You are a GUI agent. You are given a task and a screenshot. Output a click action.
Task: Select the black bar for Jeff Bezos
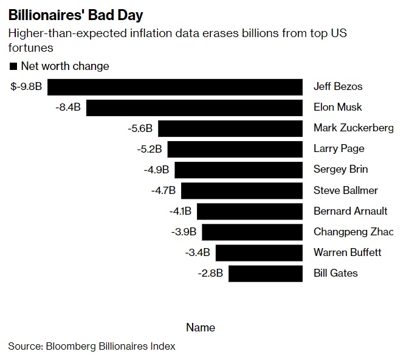click(175, 86)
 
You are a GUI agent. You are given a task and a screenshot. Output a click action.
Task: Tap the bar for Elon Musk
click(194, 108)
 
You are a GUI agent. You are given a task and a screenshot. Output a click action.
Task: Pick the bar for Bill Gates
click(266, 273)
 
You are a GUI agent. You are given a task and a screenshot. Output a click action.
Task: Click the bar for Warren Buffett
click(259, 252)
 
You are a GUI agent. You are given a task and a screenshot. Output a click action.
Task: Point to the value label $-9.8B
click(26, 86)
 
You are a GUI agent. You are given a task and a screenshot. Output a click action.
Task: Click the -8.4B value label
click(67, 108)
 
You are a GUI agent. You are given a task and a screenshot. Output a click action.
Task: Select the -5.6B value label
click(140, 128)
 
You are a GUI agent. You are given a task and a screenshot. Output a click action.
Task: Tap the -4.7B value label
click(163, 190)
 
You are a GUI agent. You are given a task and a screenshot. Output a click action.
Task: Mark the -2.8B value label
click(210, 273)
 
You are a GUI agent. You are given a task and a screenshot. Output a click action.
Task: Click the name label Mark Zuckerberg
click(353, 128)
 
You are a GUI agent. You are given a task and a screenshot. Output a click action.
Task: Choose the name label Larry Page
click(339, 148)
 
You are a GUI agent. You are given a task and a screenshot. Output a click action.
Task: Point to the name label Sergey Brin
click(341, 170)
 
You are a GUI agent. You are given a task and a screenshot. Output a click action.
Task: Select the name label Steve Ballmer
click(346, 190)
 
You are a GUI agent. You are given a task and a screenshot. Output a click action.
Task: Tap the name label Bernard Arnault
click(351, 211)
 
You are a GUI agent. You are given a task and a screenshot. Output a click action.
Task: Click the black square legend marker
click(13, 66)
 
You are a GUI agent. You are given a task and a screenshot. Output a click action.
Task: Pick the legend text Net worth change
click(65, 66)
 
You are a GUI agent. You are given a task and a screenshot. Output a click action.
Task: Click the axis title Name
click(201, 327)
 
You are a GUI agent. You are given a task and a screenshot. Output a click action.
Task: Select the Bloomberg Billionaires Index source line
click(92, 346)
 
